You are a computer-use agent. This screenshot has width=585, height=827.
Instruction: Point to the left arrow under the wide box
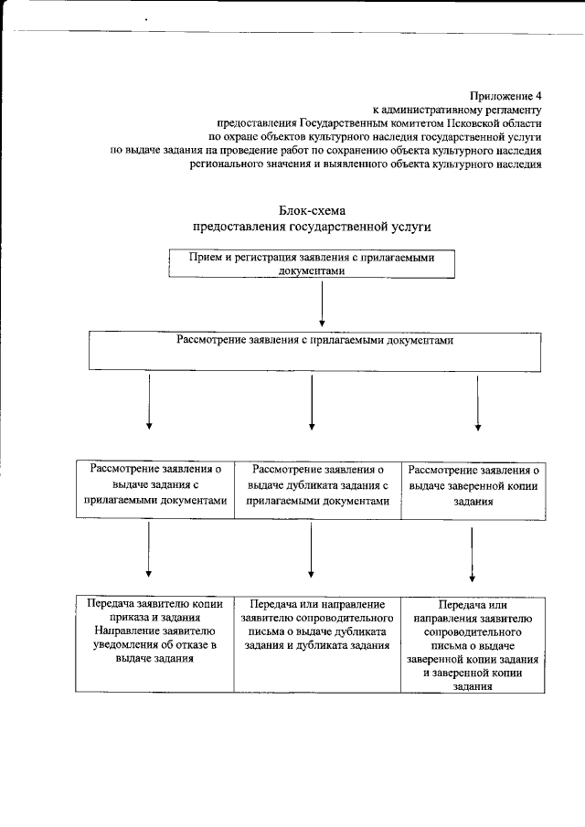149,401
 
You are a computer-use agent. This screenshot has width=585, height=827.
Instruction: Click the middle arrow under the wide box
313,401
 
